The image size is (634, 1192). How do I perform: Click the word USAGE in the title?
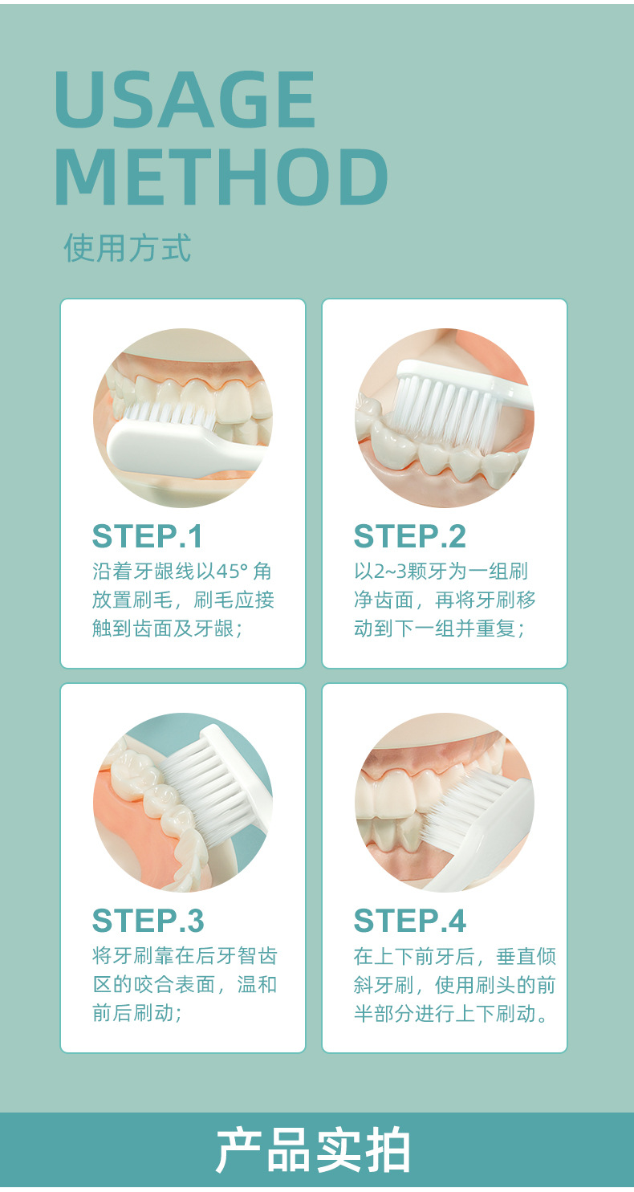point(185,100)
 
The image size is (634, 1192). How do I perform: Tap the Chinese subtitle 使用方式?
point(127,247)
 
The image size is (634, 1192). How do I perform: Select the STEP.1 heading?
point(148,536)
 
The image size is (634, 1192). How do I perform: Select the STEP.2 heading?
point(409,536)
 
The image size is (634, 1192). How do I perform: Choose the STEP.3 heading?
point(148,921)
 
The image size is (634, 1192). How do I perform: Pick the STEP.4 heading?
point(409,921)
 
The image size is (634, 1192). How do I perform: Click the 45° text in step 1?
point(233,572)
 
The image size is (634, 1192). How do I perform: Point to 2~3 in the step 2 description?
point(390,572)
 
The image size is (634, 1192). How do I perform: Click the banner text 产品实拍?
point(313,1150)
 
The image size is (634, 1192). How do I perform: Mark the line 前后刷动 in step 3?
point(137,1013)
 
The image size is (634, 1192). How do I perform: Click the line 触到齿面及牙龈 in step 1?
point(168,629)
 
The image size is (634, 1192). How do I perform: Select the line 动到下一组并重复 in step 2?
point(439,629)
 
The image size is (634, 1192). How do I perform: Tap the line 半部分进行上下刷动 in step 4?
point(450,1013)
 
